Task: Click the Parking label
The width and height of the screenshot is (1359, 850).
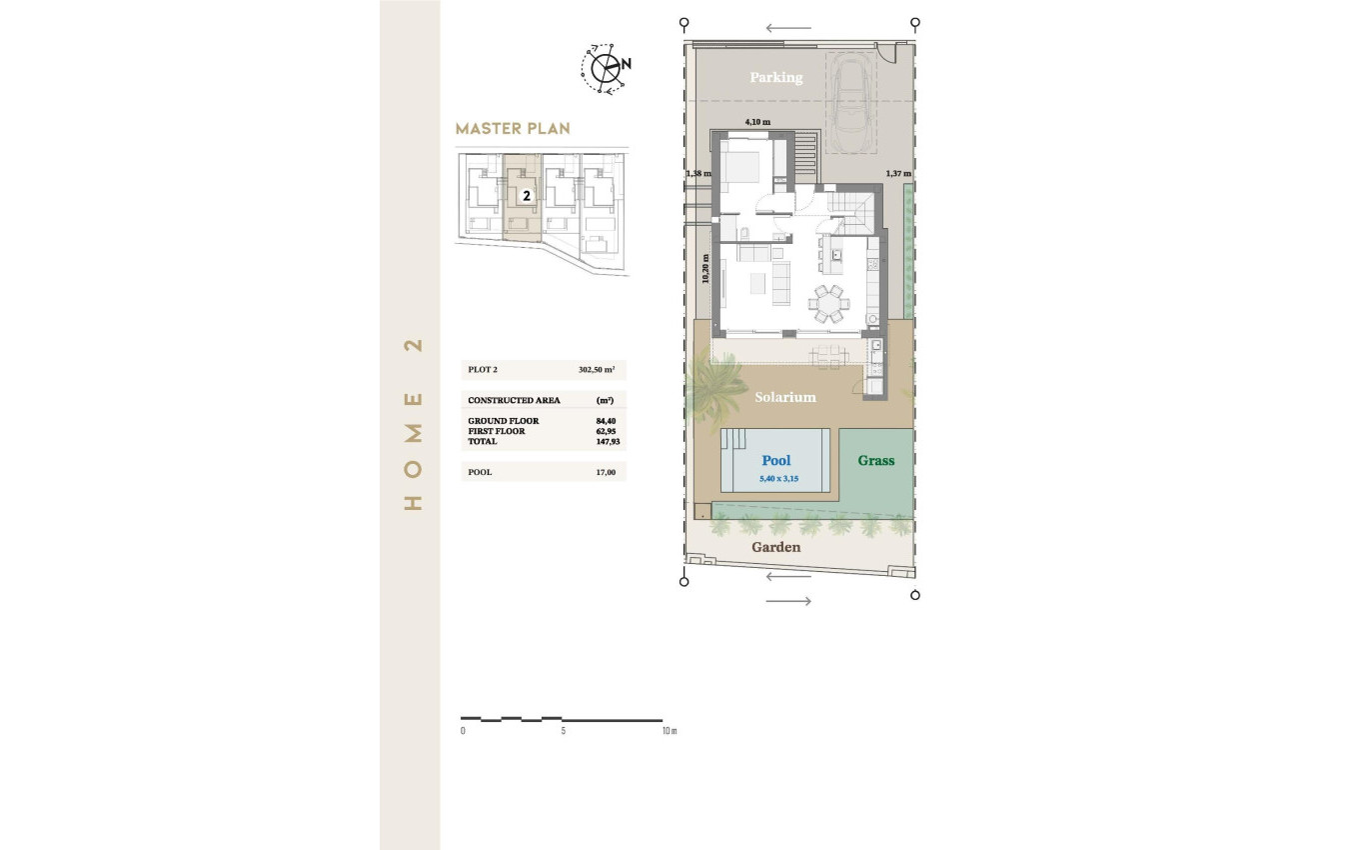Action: click(x=775, y=77)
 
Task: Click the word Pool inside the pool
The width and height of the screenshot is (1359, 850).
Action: click(x=775, y=461)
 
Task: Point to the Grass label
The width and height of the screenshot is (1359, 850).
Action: click(x=875, y=461)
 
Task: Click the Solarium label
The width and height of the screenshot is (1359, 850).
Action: click(x=784, y=397)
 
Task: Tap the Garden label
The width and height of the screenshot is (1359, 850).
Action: click(x=775, y=547)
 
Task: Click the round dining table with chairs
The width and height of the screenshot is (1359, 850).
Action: click(x=828, y=302)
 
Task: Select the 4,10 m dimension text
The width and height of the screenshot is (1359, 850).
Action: click(x=757, y=122)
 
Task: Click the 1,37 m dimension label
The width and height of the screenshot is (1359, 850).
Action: click(x=897, y=174)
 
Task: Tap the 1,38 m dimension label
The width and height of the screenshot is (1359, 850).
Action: click(x=697, y=174)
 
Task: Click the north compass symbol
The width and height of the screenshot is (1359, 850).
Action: click(x=605, y=67)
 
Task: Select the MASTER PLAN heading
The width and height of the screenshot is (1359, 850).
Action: click(x=512, y=129)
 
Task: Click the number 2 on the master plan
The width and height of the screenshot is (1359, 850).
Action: click(x=526, y=197)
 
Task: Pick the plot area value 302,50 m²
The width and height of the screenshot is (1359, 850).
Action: click(x=596, y=370)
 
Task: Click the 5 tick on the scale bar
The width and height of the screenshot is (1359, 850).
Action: click(x=564, y=731)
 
